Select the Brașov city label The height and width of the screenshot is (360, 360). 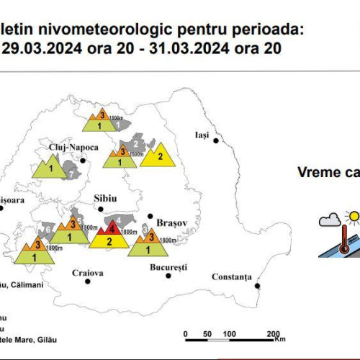171,223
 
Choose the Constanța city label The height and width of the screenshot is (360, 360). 231,277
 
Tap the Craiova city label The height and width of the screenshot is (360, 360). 88,273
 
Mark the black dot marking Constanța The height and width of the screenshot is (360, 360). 257,285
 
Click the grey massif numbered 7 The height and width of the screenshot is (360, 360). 71,171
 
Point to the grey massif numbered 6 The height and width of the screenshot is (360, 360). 45,230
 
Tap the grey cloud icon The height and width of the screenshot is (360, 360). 330,220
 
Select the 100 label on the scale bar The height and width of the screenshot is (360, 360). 230,334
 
